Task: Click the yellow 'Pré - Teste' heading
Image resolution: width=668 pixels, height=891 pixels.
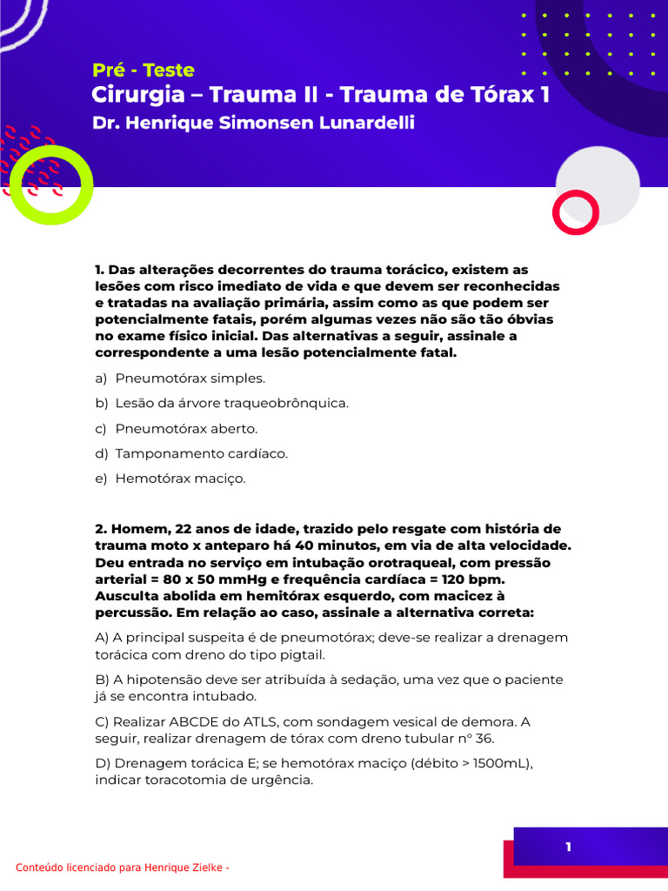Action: (x=143, y=70)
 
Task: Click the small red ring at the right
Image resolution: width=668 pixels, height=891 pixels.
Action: (x=576, y=213)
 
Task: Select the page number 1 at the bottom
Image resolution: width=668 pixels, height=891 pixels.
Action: (x=568, y=847)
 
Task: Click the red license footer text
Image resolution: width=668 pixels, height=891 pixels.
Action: (x=123, y=868)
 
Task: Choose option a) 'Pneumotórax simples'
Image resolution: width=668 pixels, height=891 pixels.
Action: (x=190, y=379)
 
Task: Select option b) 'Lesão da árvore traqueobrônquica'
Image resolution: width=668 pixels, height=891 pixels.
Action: (x=231, y=404)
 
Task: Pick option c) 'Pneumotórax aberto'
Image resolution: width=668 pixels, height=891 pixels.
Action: (x=186, y=429)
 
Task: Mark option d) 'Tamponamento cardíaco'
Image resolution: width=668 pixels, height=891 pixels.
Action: (x=201, y=453)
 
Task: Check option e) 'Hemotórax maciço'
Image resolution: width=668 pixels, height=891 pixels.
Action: (x=180, y=479)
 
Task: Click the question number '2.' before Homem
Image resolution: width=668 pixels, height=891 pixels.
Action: (x=100, y=529)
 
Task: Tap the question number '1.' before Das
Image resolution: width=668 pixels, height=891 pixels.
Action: (x=99, y=271)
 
